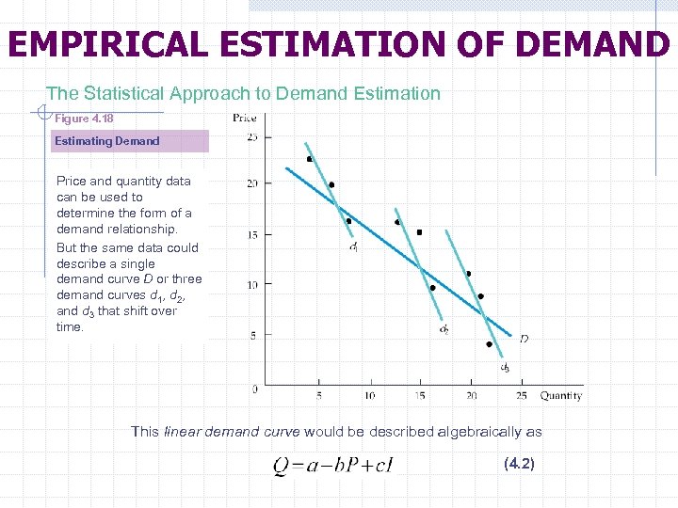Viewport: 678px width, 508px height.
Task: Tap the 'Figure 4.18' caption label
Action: [84, 119]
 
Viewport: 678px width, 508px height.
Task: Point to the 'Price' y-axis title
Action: [244, 119]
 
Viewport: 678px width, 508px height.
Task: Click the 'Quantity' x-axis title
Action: [560, 396]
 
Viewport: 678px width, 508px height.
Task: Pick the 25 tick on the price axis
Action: [252, 138]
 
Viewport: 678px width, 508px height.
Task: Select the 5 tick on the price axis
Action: [254, 335]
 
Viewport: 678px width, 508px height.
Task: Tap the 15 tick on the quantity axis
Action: [420, 396]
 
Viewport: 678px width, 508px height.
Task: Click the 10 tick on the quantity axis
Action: [369, 396]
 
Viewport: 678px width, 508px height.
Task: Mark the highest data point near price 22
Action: [310, 159]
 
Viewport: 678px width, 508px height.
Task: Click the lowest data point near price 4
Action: [489, 344]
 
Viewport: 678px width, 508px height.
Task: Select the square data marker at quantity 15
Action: [419, 232]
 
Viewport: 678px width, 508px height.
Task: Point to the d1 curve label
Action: [353, 248]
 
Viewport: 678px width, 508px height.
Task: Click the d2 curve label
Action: [444, 329]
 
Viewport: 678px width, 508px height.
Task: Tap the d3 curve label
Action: [505, 367]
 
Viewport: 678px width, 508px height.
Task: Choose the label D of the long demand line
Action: [524, 339]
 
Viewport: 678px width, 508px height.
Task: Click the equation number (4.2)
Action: [519, 464]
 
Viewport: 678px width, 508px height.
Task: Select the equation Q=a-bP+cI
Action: [332, 465]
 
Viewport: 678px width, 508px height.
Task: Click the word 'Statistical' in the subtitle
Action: [126, 93]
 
